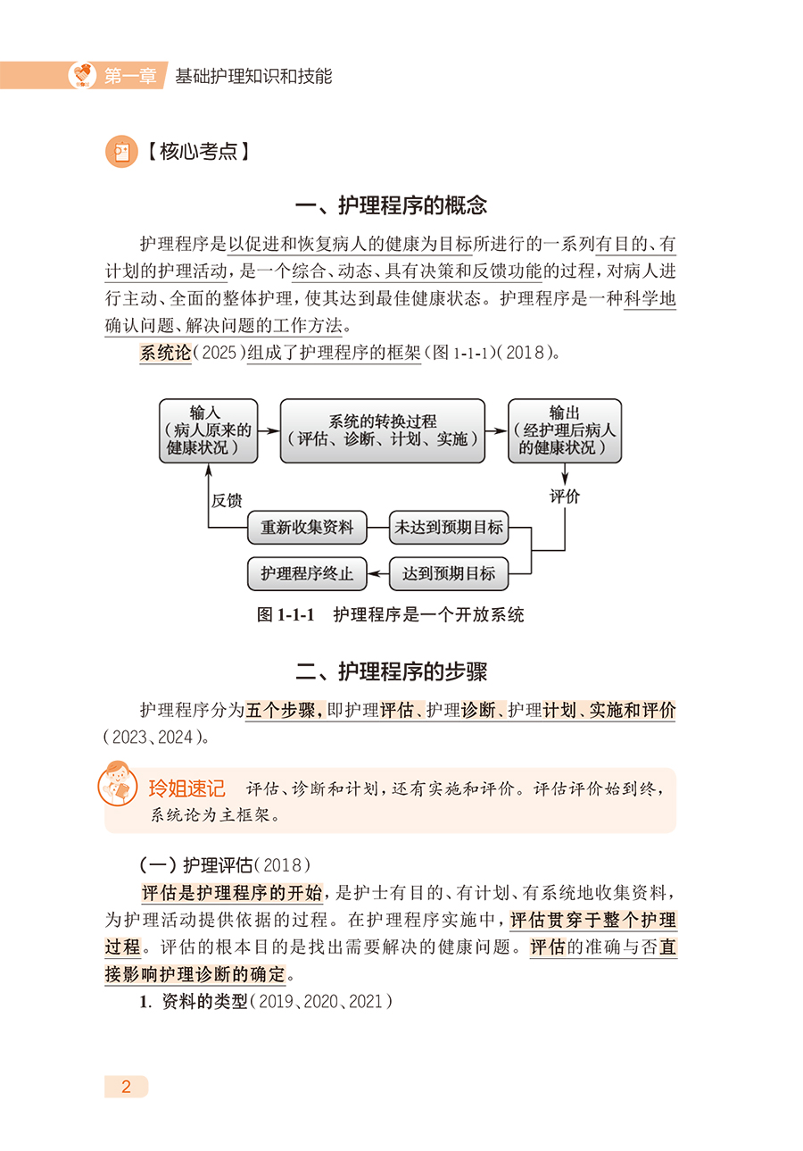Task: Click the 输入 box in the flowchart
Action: pos(205,430)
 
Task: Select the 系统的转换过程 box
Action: pos(383,430)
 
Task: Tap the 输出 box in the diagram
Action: pos(564,430)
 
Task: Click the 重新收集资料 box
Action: pos(307,528)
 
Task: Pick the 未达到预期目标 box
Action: pos(449,528)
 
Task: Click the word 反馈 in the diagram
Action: pos(227,500)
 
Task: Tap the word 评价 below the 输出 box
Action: pos(564,496)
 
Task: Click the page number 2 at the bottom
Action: pos(126,1087)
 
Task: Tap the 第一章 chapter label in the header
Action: pos(127,77)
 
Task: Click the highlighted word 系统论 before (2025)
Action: pos(165,353)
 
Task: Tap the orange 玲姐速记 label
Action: pos(186,789)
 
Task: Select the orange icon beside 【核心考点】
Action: pos(121,152)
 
